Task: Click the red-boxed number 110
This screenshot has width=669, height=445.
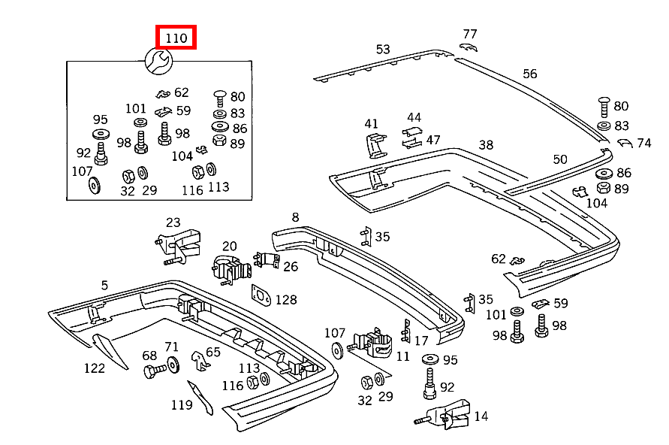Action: click(x=176, y=38)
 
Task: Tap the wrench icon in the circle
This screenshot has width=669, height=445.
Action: click(x=158, y=61)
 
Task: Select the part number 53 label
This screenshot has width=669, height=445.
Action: click(x=383, y=49)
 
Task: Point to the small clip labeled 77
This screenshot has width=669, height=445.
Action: click(x=468, y=47)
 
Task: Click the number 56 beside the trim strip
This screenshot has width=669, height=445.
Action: click(x=529, y=74)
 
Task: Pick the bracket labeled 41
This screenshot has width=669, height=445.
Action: click(x=376, y=146)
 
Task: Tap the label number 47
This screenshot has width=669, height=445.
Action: click(x=432, y=140)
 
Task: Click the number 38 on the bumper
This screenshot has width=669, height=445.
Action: click(x=486, y=145)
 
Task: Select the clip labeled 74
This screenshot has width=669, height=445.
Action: click(x=625, y=143)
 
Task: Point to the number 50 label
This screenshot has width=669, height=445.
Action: click(x=560, y=159)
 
